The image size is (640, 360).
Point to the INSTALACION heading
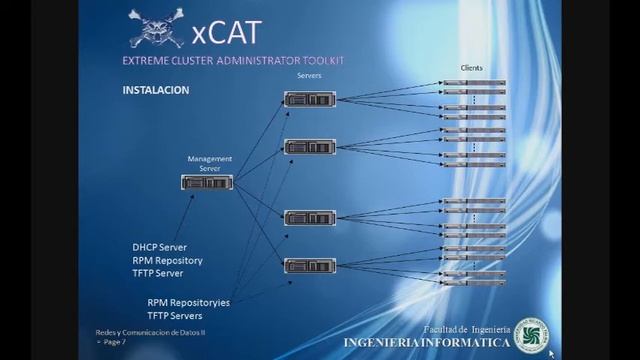click(155, 89)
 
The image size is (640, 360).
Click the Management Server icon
click(207, 182)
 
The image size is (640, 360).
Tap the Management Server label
click(209, 163)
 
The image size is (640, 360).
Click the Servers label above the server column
click(310, 77)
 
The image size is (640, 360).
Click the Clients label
click(472, 67)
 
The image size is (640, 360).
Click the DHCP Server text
click(159, 247)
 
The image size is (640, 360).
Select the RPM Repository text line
click(167, 260)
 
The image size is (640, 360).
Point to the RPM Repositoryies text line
click(188, 301)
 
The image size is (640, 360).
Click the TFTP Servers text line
click(175, 314)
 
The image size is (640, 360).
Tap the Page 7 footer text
click(104, 341)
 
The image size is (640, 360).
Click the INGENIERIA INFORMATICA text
click(426, 342)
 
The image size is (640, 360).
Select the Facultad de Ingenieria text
click(467, 329)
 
